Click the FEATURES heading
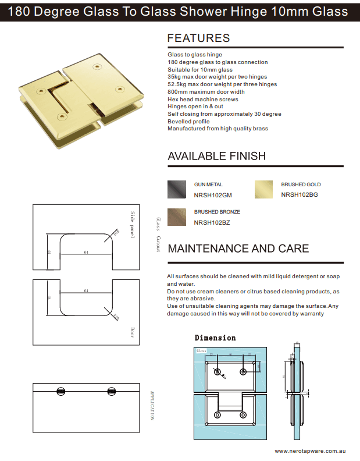click(198, 38)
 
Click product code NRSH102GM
click(213, 195)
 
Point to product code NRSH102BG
click(300, 195)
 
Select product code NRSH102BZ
click(212, 222)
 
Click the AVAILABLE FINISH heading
click(216, 156)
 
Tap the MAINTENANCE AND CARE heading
click(238, 249)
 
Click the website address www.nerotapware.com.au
click(311, 451)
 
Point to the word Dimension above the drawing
click(215, 338)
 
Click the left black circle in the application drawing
click(61, 391)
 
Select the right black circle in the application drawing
click(112, 391)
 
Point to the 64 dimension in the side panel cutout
click(85, 252)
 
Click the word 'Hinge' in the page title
click(233, 11)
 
